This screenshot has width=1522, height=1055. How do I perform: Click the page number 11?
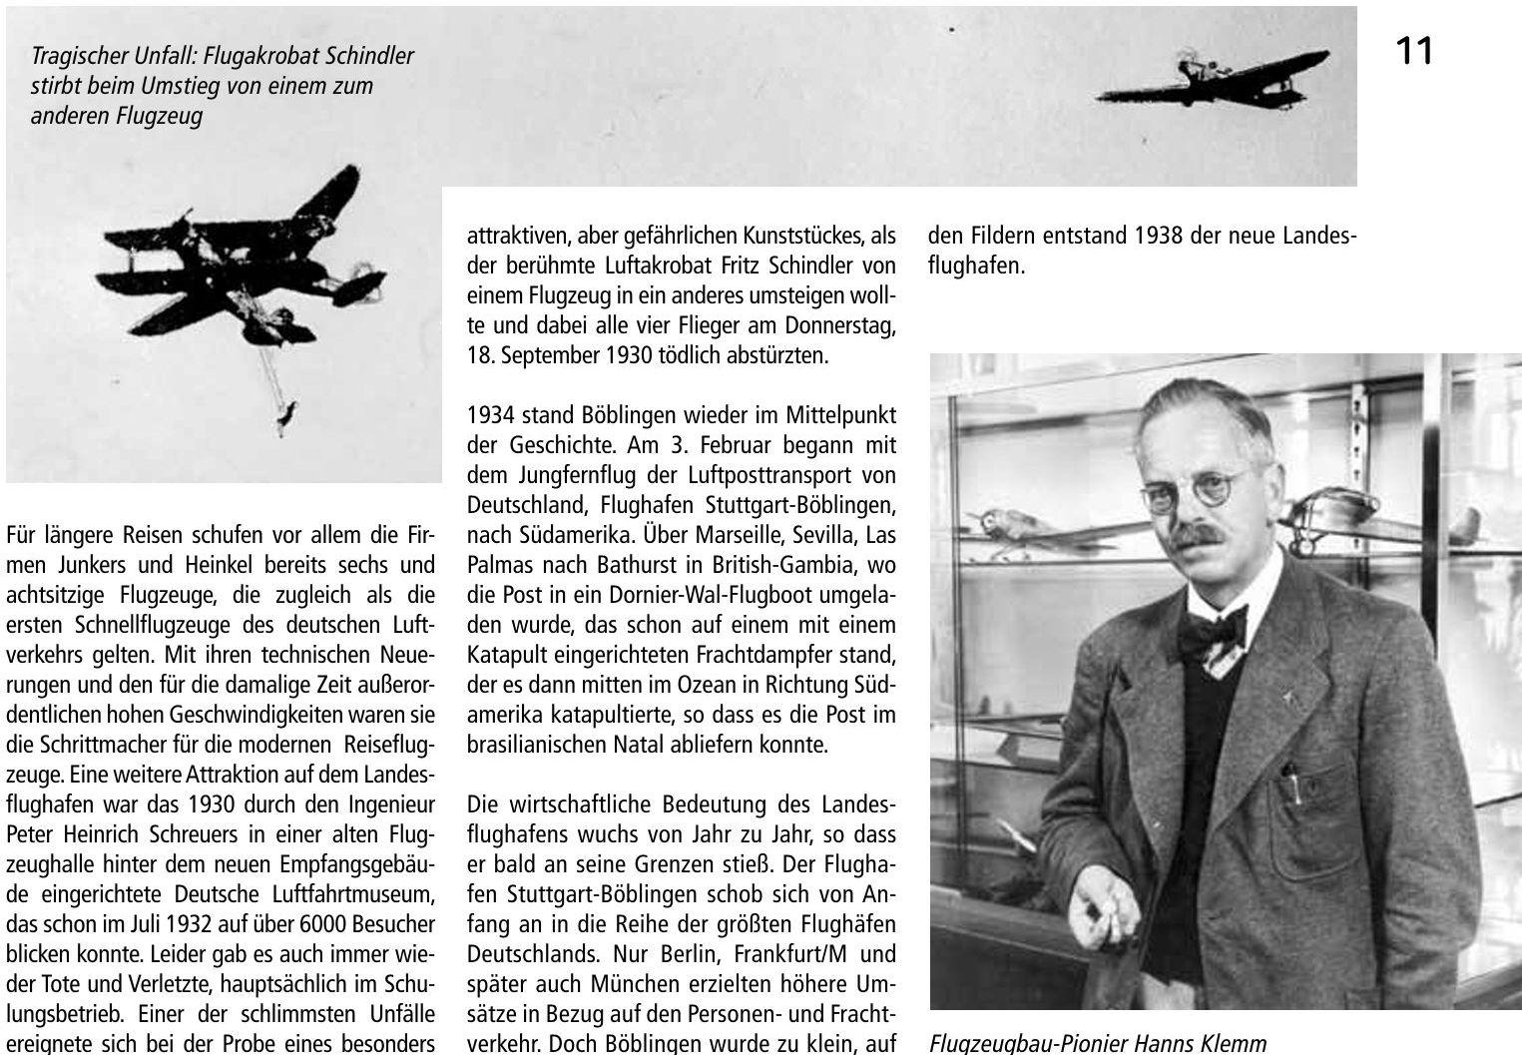point(1414,50)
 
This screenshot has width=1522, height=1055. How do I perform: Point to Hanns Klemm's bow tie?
point(1216,632)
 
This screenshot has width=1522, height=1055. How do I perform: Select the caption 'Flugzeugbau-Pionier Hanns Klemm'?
point(1098,1044)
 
